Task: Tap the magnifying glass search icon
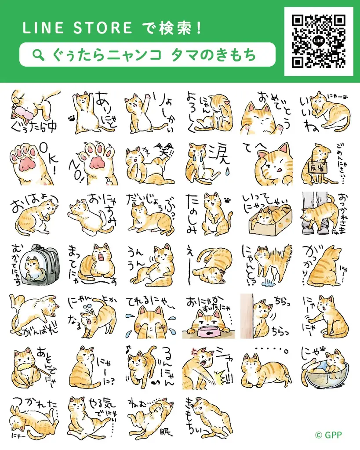(39, 54)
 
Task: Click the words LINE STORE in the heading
(77, 28)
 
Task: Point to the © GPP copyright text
(328, 435)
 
